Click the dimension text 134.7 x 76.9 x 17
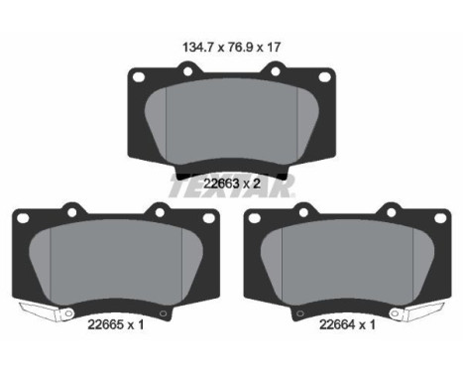pyautogui.click(x=231, y=48)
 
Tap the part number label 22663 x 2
pyautogui.click(x=232, y=184)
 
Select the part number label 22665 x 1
pyautogui.click(x=116, y=324)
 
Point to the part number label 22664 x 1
pyautogui.click(x=347, y=324)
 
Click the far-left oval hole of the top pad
pyautogui.click(x=138, y=77)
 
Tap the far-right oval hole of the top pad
pyautogui.click(x=324, y=77)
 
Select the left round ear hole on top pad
pyautogui.click(x=187, y=71)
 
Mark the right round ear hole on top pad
pyautogui.click(x=276, y=71)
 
